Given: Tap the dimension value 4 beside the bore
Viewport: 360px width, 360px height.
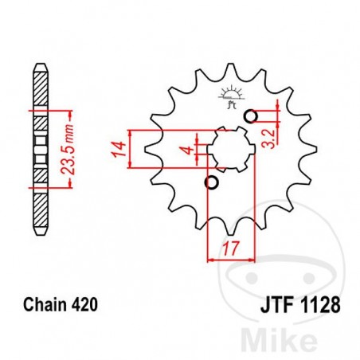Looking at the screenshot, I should [184, 150].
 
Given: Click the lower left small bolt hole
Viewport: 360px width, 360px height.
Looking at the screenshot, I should [211, 184].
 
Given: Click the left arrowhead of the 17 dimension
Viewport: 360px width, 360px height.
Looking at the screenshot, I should [210, 258].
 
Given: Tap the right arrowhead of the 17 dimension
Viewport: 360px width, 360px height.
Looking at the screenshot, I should [254, 258].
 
